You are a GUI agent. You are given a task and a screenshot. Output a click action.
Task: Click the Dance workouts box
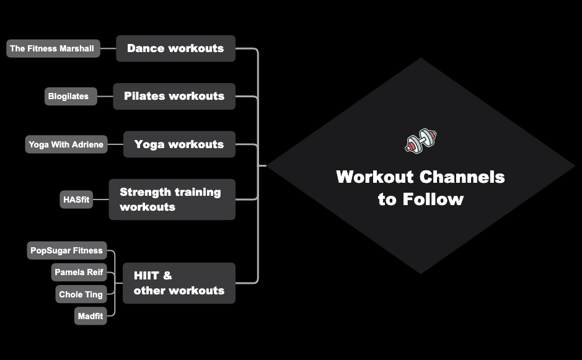[175, 48]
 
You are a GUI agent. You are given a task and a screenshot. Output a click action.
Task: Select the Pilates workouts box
[174, 96]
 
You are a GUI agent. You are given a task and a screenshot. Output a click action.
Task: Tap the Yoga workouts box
[179, 144]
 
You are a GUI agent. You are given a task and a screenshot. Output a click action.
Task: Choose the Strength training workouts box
[172, 200]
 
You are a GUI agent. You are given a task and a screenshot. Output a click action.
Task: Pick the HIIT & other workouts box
[179, 283]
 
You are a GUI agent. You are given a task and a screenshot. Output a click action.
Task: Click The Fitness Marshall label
[53, 48]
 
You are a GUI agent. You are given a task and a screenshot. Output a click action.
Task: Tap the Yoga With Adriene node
[66, 145]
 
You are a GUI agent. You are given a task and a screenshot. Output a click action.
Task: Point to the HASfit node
[76, 200]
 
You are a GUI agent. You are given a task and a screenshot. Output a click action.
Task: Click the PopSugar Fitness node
[67, 250]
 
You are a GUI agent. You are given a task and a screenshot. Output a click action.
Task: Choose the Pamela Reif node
[78, 272]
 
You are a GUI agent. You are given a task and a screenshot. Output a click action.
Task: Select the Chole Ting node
[81, 294]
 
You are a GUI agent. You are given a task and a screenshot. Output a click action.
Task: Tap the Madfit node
[90, 316]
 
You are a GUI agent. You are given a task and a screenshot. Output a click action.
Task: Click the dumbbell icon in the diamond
[421, 141]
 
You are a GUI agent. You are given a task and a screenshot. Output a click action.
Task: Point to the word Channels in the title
[462, 177]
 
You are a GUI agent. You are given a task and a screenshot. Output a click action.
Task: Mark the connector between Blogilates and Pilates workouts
[105, 96]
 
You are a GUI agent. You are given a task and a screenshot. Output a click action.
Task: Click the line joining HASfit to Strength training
[100, 200]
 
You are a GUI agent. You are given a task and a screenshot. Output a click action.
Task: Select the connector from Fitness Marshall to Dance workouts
[108, 48]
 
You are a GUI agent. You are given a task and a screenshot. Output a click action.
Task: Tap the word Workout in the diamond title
[375, 177]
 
